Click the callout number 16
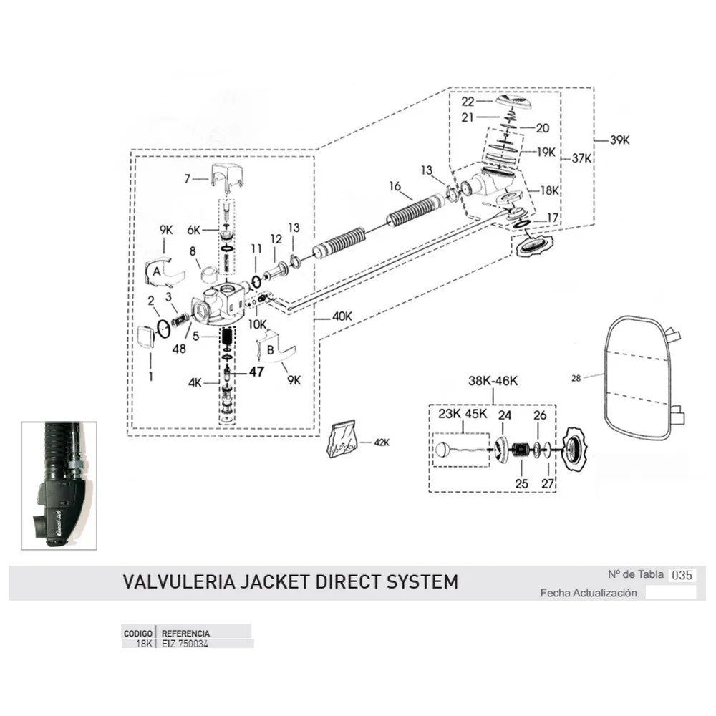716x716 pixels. (395, 186)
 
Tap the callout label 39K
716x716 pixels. (620, 140)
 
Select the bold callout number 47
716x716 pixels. (257, 372)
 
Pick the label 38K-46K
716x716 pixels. (493, 382)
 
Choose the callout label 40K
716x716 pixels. (186, 178)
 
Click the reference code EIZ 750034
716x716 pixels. (185, 644)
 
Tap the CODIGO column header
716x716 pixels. (138, 634)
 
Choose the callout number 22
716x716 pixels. (488, 102)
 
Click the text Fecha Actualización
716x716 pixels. (589, 593)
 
